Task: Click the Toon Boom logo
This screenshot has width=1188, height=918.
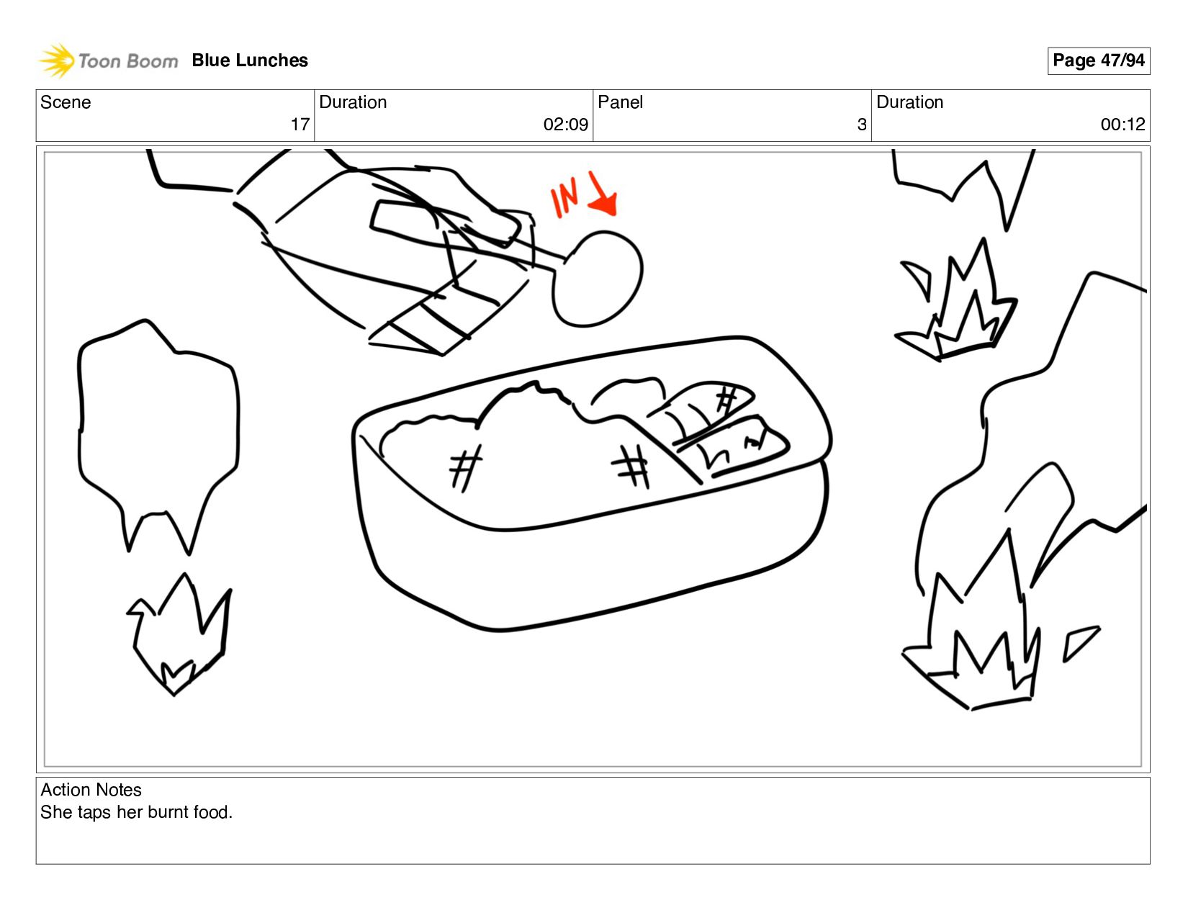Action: [x=108, y=60]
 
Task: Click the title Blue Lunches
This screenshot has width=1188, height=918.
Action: [x=250, y=60]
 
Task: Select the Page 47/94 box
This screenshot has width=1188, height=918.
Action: [x=1098, y=60]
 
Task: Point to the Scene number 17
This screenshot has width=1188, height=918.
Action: [x=300, y=125]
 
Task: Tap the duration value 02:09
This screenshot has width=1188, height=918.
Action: [x=565, y=125]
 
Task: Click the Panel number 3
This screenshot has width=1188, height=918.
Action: [x=861, y=125]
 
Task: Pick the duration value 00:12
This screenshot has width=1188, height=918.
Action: [x=1122, y=125]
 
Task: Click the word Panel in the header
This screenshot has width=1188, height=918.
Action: [x=620, y=102]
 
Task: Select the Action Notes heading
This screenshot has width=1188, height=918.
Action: [x=91, y=790]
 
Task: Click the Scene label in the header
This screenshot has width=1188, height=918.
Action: [x=66, y=102]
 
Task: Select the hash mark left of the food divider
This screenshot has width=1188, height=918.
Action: [x=631, y=464]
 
